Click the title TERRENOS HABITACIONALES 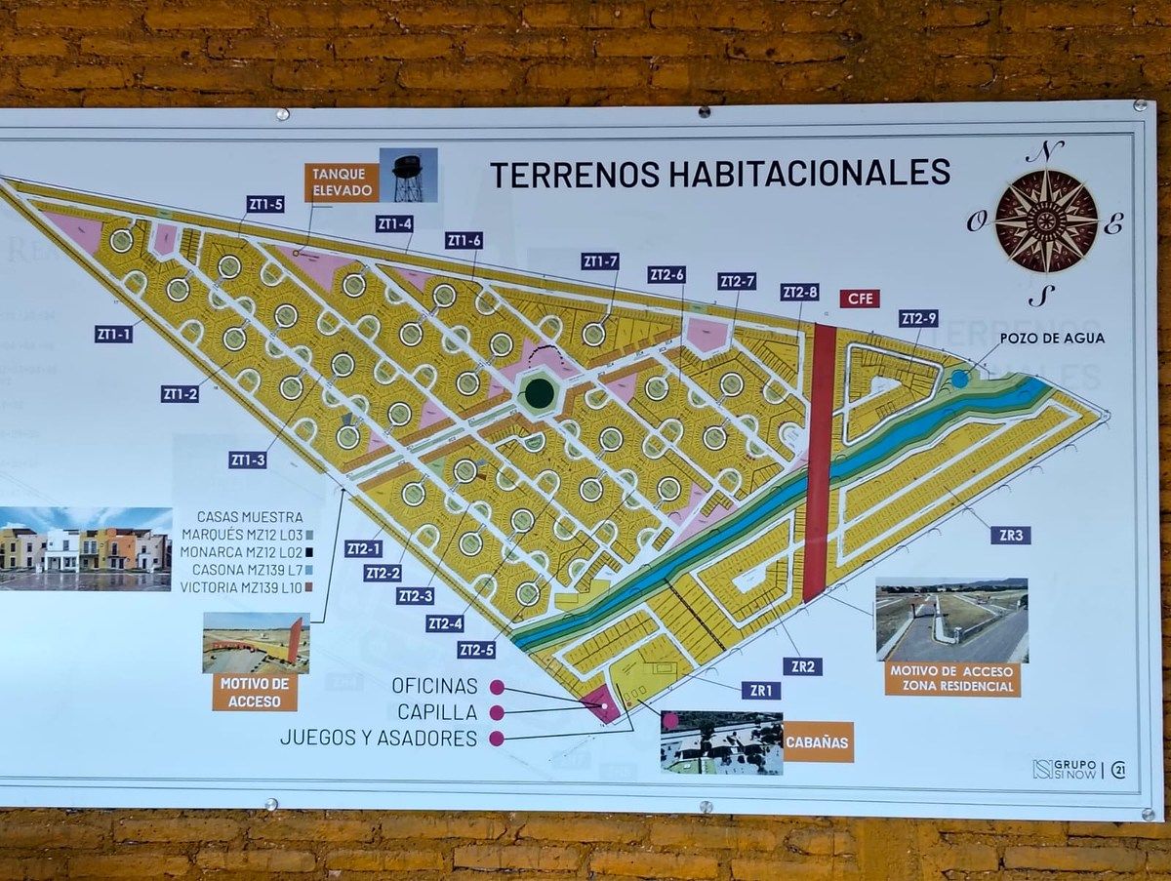(x=719, y=173)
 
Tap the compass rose (x=1045, y=221)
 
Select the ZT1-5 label (x=264, y=204)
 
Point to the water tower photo (x=408, y=176)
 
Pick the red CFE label (x=860, y=299)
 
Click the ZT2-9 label (x=918, y=318)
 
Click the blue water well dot (x=960, y=379)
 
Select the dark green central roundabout (x=539, y=394)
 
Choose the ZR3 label (x=1010, y=535)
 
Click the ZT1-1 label (x=113, y=334)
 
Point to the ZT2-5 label (x=477, y=650)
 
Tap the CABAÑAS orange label (x=819, y=741)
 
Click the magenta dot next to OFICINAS (x=497, y=687)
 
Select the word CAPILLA (x=437, y=712)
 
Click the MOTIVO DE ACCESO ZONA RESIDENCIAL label (x=952, y=679)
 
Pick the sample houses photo (x=86, y=548)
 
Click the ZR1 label (x=760, y=691)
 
